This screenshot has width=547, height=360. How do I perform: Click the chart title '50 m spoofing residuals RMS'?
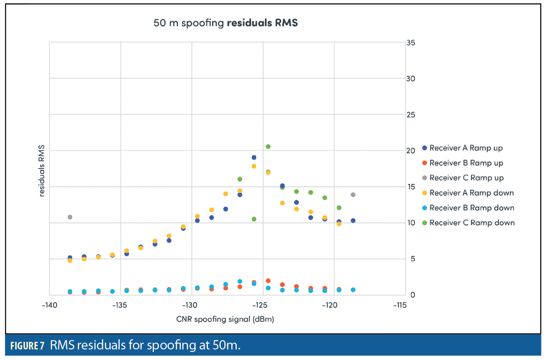pos(225,23)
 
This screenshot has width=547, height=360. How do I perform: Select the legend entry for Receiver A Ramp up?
pos(466,148)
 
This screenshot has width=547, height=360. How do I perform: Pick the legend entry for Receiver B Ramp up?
pos(466,163)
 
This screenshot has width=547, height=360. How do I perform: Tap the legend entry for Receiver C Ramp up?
pos(466,178)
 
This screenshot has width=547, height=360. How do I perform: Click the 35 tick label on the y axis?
pos(410,43)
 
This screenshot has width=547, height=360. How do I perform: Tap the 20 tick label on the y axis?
pos(410,151)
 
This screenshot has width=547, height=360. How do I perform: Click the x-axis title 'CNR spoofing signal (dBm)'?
pos(225,319)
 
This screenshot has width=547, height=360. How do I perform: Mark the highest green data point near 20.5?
pos(268,147)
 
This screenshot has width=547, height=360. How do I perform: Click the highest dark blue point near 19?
pos(254,158)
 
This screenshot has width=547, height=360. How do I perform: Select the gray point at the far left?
pos(70,217)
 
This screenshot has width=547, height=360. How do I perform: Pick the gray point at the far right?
pos(353,195)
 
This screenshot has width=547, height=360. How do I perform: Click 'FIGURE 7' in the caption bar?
pos(27,346)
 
